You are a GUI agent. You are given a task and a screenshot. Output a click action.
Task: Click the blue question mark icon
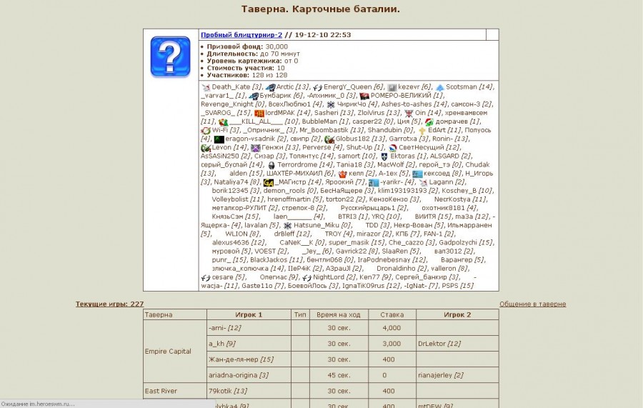[170, 56]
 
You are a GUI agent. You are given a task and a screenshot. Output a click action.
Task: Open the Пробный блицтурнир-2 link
[241, 34]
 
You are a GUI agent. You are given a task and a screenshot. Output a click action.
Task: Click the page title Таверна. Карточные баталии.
[321, 9]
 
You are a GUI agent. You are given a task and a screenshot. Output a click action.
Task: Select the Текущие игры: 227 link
[109, 304]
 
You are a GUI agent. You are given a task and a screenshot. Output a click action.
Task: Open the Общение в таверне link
[532, 304]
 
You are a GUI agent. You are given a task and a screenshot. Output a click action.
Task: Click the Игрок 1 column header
[249, 314]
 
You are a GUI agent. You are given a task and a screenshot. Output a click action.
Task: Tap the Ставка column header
[392, 314]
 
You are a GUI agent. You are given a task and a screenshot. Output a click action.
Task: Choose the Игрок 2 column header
[457, 314]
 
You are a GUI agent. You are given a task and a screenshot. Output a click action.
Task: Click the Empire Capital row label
[168, 352]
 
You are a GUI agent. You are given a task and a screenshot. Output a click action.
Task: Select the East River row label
[161, 391]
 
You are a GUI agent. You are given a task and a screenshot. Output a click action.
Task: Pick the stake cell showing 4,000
[392, 328]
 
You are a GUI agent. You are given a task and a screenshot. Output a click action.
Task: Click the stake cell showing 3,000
[392, 344]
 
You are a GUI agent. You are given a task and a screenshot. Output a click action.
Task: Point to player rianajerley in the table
[435, 375]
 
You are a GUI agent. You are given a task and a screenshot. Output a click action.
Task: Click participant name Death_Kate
[231, 86]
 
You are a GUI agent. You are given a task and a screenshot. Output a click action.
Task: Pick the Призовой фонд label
[234, 46]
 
